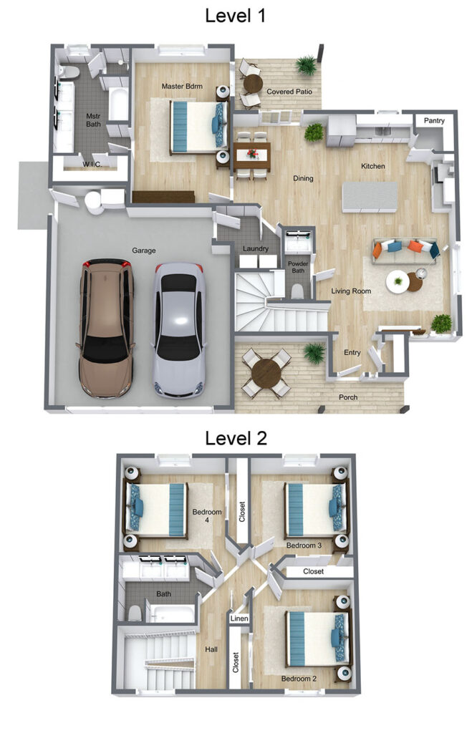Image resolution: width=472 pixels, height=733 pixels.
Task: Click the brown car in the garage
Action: pyautogui.click(x=106, y=328)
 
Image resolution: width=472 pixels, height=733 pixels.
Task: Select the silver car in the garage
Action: pyautogui.click(x=179, y=330)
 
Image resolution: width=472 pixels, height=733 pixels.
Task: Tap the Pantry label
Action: pyautogui.click(x=433, y=120)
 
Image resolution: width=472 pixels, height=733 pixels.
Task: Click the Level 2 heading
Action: pyautogui.click(x=236, y=438)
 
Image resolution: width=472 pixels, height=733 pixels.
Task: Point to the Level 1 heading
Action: pyautogui.click(x=236, y=16)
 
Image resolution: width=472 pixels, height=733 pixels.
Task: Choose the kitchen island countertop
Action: pyautogui.click(x=370, y=197)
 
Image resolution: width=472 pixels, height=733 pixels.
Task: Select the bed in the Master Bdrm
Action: pyautogui.click(x=198, y=127)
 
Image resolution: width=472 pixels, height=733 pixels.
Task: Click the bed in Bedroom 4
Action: pyautogui.click(x=155, y=510)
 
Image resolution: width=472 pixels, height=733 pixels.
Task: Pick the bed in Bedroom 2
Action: pyautogui.click(x=317, y=639)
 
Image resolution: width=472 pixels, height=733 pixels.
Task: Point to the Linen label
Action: pyautogui.click(x=239, y=618)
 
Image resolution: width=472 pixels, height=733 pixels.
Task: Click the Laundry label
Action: pyautogui.click(x=256, y=248)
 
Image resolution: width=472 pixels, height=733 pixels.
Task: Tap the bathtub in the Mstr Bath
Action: pyautogui.click(x=118, y=105)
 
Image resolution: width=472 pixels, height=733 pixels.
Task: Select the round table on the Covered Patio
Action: pyautogui.click(x=253, y=84)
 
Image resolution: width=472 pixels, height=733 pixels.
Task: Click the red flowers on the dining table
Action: pyautogui.click(x=253, y=153)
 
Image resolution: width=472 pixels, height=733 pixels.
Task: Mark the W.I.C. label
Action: pyautogui.click(x=92, y=164)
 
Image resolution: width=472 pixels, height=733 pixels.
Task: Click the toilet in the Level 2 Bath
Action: pyautogui.click(x=135, y=613)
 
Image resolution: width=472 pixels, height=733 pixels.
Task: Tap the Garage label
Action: pyautogui.click(x=144, y=251)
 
